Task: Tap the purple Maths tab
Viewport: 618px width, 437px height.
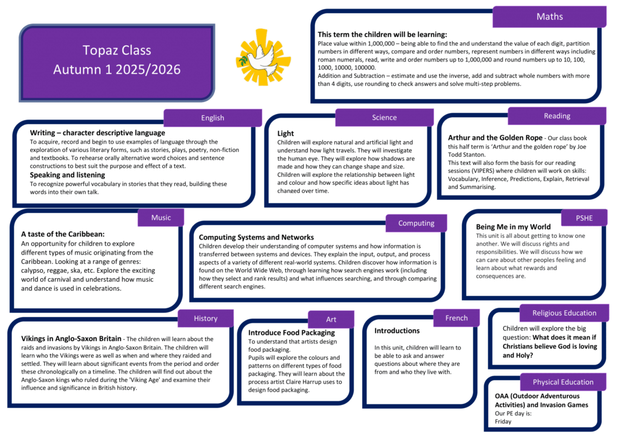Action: click(549, 17)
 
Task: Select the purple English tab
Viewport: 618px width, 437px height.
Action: click(212, 118)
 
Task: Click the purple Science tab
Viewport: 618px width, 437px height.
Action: click(384, 118)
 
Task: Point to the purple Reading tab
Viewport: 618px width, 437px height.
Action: click(556, 116)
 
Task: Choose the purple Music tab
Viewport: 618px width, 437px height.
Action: click(161, 217)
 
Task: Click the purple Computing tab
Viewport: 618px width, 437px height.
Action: click(416, 223)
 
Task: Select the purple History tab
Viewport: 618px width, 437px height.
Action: click(206, 318)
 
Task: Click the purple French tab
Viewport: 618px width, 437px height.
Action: click(456, 318)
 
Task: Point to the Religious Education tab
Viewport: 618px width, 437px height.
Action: click(564, 313)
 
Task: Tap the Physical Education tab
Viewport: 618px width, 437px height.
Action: click(562, 382)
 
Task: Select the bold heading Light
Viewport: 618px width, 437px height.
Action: click(285, 133)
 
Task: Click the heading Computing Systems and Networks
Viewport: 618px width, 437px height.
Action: click(256, 237)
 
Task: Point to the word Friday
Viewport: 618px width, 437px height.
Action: click(503, 422)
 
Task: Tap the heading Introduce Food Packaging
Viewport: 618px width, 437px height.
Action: click(291, 333)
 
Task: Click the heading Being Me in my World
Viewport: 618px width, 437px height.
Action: click(513, 227)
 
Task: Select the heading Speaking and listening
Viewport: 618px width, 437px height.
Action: click(68, 175)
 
